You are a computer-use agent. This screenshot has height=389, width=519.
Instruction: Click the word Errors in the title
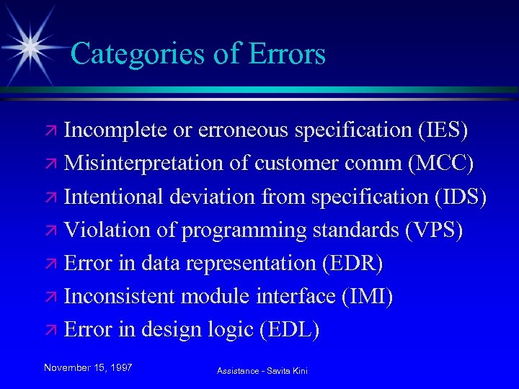click(x=287, y=54)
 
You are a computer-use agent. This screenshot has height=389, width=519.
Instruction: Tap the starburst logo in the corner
click(x=31, y=46)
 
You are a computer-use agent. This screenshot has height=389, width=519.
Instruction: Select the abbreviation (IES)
click(x=443, y=130)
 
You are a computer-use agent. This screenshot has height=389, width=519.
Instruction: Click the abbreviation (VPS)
click(x=434, y=230)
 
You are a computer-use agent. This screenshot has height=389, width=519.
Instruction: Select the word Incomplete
click(x=115, y=130)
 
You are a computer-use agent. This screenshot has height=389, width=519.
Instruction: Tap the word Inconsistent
click(x=115, y=296)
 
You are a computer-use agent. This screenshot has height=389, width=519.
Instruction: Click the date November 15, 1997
click(x=88, y=367)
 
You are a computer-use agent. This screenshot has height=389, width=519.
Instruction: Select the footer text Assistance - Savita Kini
click(x=262, y=371)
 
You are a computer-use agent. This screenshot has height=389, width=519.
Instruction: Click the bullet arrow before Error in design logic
click(x=52, y=331)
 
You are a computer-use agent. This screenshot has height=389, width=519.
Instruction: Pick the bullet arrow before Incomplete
click(x=52, y=132)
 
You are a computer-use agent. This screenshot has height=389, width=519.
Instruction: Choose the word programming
click(x=244, y=230)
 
